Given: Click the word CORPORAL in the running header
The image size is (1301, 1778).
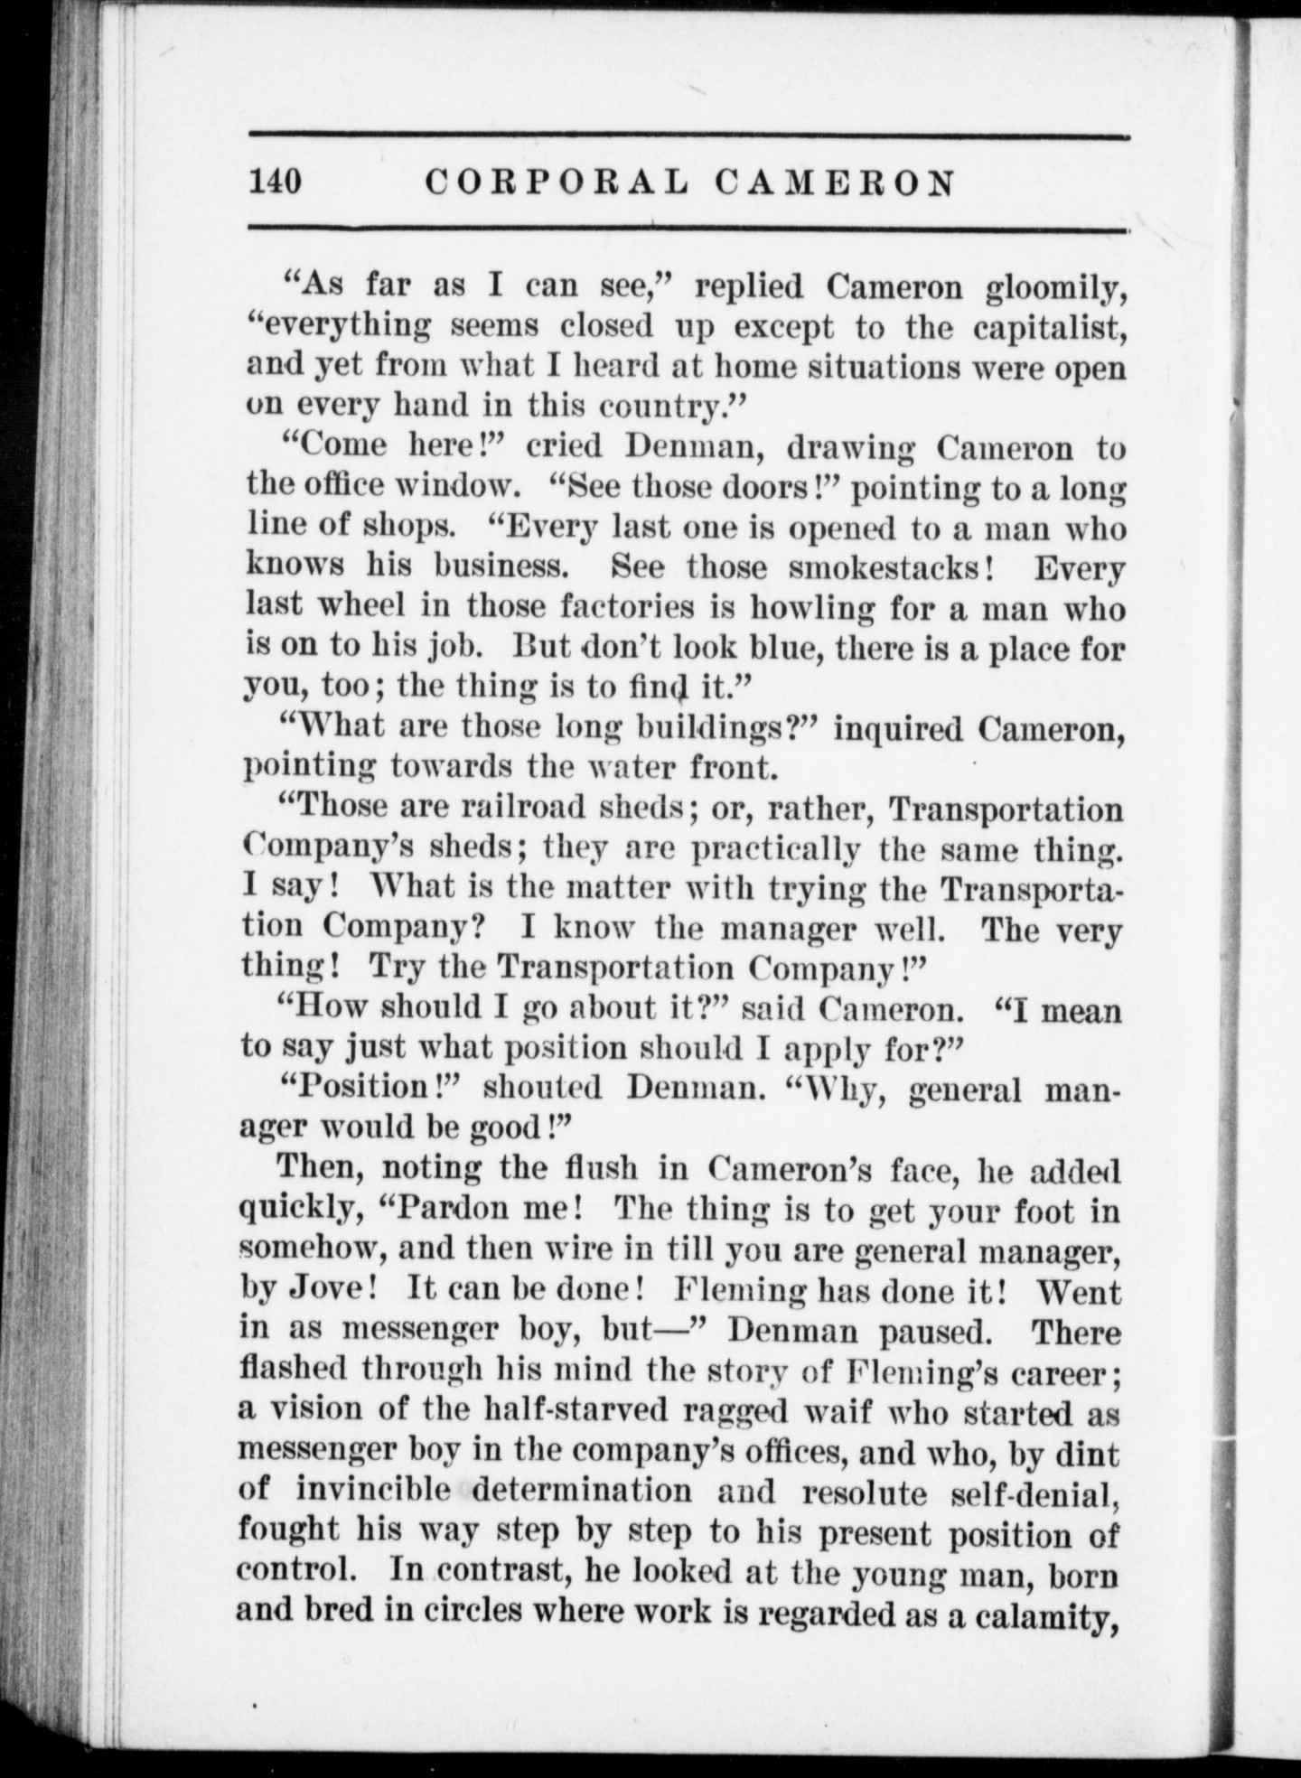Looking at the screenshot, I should (x=555, y=182).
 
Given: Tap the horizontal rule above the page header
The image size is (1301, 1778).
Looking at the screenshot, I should (x=688, y=136).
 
